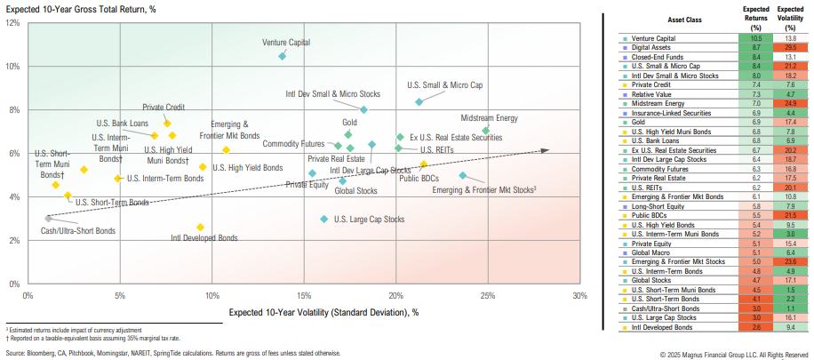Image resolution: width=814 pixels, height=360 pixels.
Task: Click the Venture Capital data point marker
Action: [283, 56]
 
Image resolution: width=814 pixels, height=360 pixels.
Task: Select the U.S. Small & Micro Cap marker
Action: [419, 101]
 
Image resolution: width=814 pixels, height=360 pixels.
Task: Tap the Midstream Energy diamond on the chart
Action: [485, 131]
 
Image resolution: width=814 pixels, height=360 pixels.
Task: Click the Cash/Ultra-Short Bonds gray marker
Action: [48, 218]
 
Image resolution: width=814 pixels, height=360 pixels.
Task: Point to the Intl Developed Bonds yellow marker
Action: [200, 227]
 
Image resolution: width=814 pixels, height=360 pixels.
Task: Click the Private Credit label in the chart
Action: [164, 107]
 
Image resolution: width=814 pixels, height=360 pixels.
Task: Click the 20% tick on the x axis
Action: [396, 296]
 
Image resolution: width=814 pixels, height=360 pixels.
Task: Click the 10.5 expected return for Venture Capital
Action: [755, 38]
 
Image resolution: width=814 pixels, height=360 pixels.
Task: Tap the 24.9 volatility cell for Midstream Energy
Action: [789, 103]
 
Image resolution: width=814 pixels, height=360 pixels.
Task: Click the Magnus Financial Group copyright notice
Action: [735, 354]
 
